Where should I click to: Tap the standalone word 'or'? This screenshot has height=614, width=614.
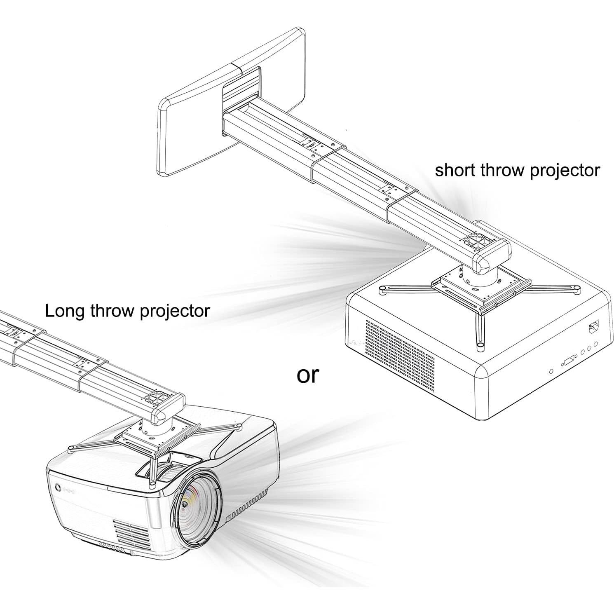[308, 375]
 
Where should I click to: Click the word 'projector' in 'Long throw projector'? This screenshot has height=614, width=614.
[176, 311]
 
